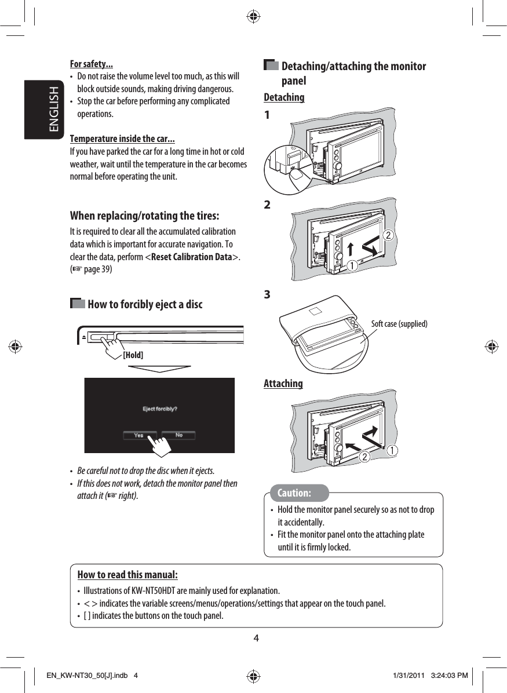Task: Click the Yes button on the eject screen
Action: (x=139, y=435)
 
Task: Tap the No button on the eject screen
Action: (x=178, y=435)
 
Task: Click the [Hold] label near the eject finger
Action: (x=133, y=355)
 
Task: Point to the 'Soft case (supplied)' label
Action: (x=399, y=324)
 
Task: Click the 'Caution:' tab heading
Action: (x=294, y=493)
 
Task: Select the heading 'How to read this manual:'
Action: (x=127, y=575)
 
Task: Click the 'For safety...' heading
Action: (x=91, y=64)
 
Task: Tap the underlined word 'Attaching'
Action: (x=283, y=384)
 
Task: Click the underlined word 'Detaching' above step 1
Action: (x=284, y=97)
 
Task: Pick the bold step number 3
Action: (x=267, y=294)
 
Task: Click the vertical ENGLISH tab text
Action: (x=53, y=110)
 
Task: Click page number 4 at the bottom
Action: (x=256, y=639)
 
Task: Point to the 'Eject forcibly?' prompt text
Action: (x=160, y=409)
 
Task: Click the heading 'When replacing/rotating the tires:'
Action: (x=144, y=216)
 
